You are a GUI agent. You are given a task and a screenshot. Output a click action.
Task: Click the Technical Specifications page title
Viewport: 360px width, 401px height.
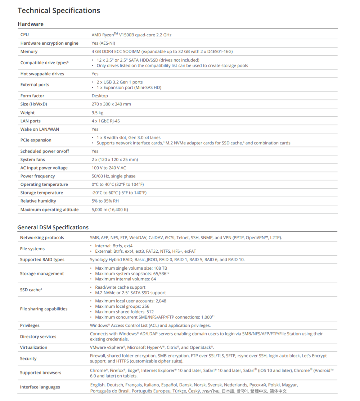tap(59, 10)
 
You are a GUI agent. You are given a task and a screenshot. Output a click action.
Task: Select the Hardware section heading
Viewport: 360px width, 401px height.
tap(31, 24)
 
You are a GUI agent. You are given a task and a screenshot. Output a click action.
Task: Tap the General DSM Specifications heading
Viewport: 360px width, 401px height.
tap(53, 227)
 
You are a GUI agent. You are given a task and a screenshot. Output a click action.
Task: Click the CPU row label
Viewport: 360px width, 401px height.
tap(24, 35)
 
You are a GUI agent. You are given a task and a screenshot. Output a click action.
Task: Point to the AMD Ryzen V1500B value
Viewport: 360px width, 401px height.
tap(131, 35)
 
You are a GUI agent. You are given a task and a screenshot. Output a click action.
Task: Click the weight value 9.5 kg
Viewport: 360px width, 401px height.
tap(97, 113)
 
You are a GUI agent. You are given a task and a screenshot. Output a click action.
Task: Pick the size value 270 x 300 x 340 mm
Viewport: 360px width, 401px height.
tap(111, 104)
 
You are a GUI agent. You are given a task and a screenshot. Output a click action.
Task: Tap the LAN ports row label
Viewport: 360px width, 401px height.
tap(31, 121)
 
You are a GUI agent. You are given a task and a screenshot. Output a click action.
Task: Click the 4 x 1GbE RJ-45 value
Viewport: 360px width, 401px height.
tap(106, 121)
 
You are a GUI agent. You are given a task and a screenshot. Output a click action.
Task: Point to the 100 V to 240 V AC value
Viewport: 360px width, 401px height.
tap(109, 168)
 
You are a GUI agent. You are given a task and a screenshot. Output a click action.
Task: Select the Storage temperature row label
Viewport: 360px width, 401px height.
tap(41, 193)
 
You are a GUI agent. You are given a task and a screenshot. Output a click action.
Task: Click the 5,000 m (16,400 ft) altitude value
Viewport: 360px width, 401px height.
tap(110, 209)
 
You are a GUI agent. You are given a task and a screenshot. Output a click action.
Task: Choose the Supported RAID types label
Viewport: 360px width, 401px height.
tap(42, 260)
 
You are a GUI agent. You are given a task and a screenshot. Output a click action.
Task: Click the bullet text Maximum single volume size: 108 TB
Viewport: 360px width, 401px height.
tap(131, 268)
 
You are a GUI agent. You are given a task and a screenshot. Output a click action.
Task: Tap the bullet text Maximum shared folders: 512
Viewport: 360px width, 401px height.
tap(124, 312)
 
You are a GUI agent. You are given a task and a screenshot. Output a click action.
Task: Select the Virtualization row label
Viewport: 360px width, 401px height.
tap(33, 347)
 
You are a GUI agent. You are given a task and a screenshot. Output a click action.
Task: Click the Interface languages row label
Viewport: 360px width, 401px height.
tap(40, 387)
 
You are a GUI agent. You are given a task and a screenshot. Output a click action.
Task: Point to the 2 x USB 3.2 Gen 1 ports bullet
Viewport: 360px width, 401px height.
tap(120, 82)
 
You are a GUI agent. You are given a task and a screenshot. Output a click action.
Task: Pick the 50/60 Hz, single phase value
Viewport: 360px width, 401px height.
tap(113, 176)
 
